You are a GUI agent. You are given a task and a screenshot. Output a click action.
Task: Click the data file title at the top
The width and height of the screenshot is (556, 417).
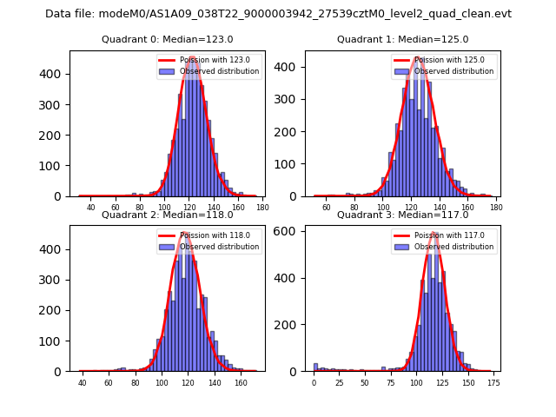click(x=278, y=14)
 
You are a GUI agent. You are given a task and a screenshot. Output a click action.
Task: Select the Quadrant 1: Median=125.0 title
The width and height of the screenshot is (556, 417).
click(x=402, y=39)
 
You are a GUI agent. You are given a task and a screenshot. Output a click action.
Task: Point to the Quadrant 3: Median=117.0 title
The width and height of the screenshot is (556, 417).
click(x=402, y=215)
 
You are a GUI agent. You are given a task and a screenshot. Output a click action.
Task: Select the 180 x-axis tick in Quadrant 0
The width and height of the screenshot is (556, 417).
click(x=262, y=208)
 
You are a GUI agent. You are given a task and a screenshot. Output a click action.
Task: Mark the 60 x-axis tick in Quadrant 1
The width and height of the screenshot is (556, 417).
click(x=327, y=208)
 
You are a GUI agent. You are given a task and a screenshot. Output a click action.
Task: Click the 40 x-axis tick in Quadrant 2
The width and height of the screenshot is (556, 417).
click(x=83, y=383)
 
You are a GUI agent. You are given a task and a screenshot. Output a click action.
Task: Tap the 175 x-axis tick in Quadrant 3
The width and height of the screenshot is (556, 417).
click(x=493, y=383)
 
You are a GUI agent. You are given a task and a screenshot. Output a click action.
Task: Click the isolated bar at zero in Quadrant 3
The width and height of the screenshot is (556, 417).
click(x=315, y=367)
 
